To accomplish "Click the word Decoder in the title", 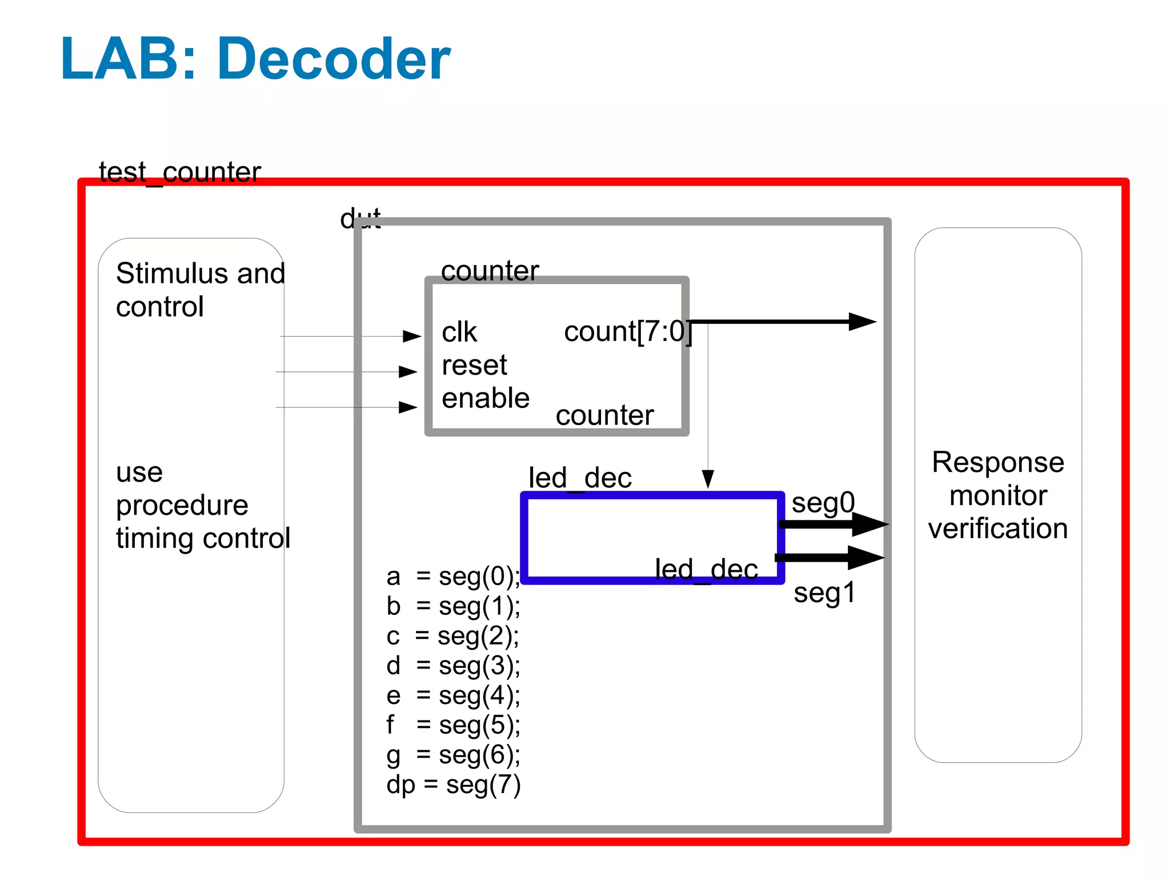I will point(334,59).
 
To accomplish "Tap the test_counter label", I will point(179,171).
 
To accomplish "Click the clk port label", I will point(459,332).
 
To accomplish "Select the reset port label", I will point(474,365).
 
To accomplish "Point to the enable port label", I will point(486,398).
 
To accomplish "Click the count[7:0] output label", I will point(627,331).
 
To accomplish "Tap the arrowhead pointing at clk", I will point(411,336).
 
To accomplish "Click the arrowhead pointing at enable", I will point(407,407).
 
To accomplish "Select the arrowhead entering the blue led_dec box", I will point(708,479).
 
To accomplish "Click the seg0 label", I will point(823,503).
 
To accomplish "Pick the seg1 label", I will point(824,592).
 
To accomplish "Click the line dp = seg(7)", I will point(454,784).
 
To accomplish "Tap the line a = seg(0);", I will point(454,576).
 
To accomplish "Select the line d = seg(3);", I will point(454,666).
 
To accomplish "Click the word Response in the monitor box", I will point(997,462).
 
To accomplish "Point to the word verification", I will point(997,528).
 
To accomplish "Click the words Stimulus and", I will point(200,273).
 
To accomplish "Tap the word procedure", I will point(182,505).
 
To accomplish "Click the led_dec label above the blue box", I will point(580,478).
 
